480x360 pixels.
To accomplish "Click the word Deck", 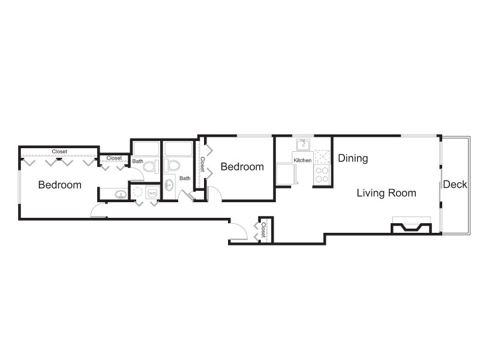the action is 455,184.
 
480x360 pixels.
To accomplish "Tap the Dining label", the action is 353,158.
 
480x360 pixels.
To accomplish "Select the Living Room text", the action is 386,193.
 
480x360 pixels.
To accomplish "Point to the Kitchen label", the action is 302,160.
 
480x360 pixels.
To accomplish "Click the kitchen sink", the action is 303,145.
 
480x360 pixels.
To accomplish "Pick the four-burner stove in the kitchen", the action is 322,175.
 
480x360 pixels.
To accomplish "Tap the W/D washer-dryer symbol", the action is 152,193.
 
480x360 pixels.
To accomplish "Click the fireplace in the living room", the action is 412,227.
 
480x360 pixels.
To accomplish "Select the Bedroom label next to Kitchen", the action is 242,167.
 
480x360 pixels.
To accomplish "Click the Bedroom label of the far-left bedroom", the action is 59,185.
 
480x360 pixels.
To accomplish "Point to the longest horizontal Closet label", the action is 59,152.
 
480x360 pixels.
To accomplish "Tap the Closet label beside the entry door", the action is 263,230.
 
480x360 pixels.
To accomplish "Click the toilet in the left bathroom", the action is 151,167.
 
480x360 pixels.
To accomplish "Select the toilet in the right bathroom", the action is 171,166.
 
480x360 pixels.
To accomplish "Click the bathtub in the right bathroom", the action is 178,149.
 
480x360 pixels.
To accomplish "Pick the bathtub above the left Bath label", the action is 146,148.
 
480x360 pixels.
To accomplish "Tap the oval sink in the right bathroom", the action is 169,185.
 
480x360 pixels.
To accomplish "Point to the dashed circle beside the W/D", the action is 138,192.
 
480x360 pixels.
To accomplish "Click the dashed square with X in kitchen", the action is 322,157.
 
